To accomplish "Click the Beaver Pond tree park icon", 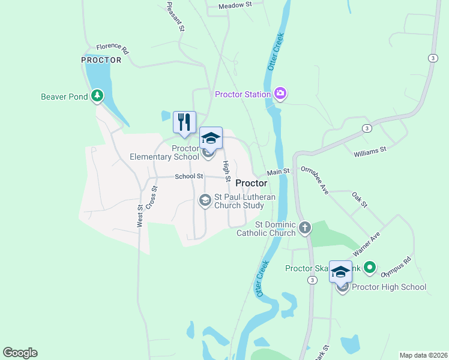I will point(97,96).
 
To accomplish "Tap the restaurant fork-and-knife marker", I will point(184,122).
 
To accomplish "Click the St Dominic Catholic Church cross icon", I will point(305,228).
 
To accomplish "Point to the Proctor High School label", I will point(389,287).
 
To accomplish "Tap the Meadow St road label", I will point(234,5).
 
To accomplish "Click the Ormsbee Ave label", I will point(315,180).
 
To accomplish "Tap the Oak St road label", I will point(359,200).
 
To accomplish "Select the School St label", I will point(189,176).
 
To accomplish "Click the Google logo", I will point(20,353).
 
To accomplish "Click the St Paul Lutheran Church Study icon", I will point(205,200).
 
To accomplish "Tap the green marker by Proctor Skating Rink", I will point(370,268).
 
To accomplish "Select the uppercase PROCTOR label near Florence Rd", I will point(101,60).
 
